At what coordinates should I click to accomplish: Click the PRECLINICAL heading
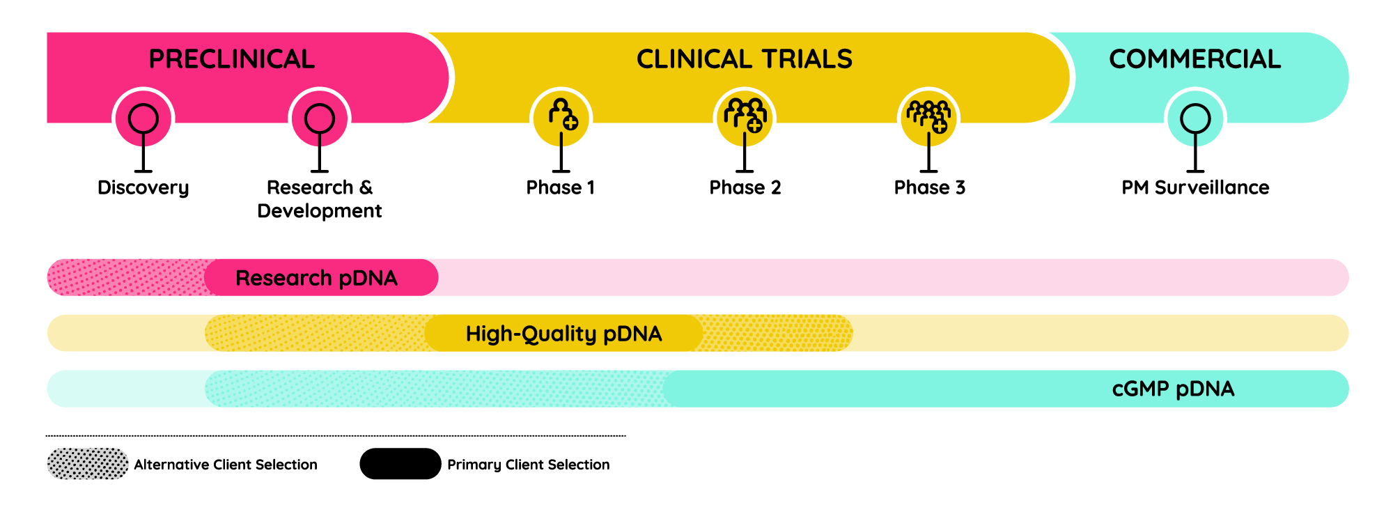pyautogui.click(x=231, y=59)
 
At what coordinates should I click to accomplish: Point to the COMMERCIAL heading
pyautogui.click(x=1194, y=59)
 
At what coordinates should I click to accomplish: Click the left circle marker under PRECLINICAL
pyautogui.click(x=143, y=118)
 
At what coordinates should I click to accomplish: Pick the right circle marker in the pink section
pyautogui.click(x=320, y=118)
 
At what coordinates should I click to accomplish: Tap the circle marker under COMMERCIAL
pyautogui.click(x=1195, y=118)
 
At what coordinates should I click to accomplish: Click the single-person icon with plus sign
pyautogui.click(x=562, y=114)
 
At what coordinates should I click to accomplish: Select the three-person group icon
pyautogui.click(x=745, y=114)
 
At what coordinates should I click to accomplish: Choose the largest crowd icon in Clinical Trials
pyautogui.click(x=928, y=115)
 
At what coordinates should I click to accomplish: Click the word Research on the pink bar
pyautogui.click(x=283, y=278)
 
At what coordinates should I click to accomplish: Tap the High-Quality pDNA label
pyautogui.click(x=563, y=334)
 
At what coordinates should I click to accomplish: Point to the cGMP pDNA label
pyautogui.click(x=1173, y=389)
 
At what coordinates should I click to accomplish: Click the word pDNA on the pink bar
pyautogui.click(x=368, y=278)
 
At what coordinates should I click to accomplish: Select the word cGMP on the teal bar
pyautogui.click(x=1140, y=389)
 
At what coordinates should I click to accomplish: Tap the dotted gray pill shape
pyautogui.click(x=88, y=464)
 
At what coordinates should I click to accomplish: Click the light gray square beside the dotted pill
pyautogui.click(x=142, y=479)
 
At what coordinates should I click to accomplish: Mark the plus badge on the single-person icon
pyautogui.click(x=570, y=123)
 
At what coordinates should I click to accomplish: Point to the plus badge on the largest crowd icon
pyautogui.click(x=940, y=126)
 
